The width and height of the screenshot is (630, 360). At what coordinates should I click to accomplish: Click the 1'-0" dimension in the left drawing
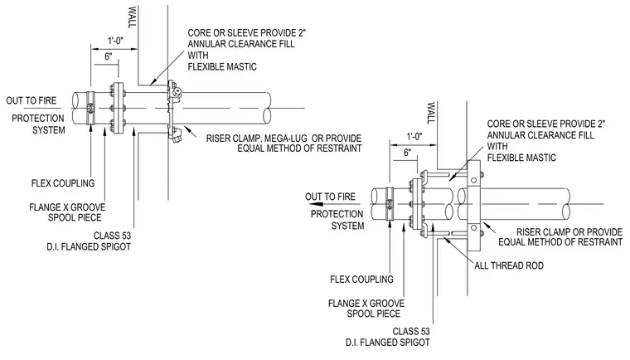click(115, 41)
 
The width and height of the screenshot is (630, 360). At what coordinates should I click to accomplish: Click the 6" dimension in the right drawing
click(407, 153)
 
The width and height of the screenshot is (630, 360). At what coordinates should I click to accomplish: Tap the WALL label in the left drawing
click(132, 17)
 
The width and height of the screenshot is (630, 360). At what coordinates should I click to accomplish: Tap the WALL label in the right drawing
click(431, 113)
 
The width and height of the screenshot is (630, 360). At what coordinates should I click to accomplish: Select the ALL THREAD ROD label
click(509, 265)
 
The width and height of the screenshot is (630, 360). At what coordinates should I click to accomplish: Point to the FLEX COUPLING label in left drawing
click(63, 183)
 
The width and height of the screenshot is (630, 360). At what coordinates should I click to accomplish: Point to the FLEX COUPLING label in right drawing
click(361, 280)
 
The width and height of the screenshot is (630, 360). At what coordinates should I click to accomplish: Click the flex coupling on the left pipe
click(91, 108)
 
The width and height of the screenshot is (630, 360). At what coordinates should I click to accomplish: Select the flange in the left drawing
click(118, 108)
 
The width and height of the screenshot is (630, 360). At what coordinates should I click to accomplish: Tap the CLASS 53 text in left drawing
click(112, 236)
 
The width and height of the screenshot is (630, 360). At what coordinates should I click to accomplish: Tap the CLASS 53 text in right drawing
click(411, 332)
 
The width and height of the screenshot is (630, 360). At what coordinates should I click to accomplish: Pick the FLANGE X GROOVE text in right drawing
click(366, 304)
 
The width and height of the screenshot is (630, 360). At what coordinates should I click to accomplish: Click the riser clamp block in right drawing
click(473, 205)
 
